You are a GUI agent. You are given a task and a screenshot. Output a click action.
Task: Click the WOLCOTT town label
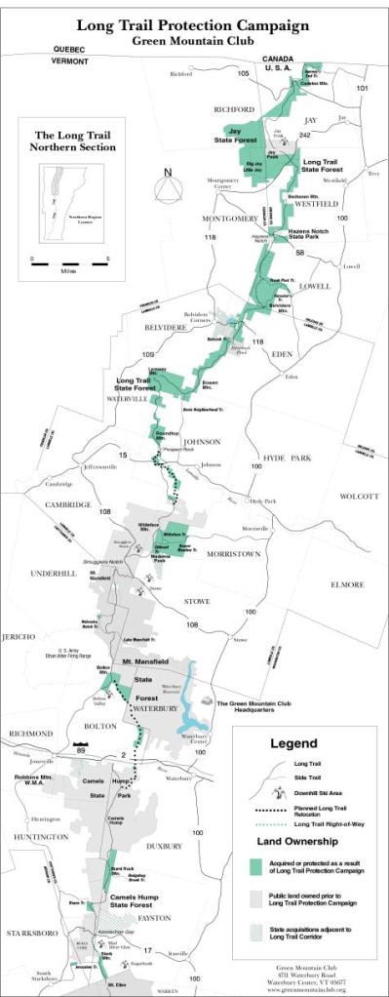click(x=357, y=497)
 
